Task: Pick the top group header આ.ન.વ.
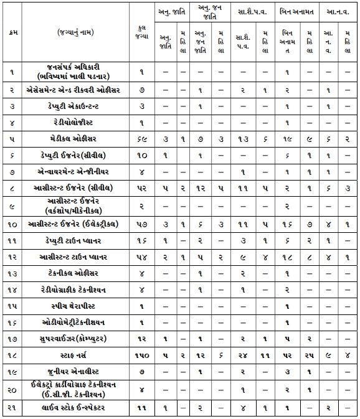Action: [x=337, y=11]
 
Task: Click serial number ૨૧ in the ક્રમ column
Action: [x=11, y=408]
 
